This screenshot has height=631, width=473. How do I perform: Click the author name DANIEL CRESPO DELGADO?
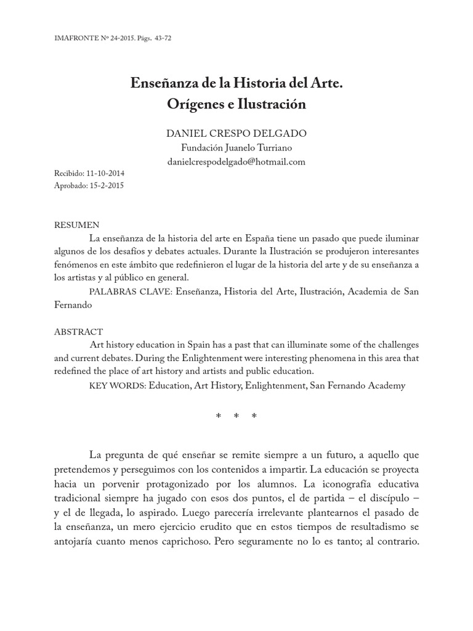click(x=236, y=133)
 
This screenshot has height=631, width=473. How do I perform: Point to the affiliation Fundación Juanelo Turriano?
click(x=236, y=147)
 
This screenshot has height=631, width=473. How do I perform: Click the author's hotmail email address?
click(x=236, y=161)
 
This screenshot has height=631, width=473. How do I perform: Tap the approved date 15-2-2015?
click(x=106, y=185)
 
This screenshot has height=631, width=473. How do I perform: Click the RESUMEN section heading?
click(x=77, y=225)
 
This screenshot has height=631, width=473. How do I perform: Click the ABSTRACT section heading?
click(x=79, y=332)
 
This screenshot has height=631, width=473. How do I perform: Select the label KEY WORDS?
click(x=117, y=386)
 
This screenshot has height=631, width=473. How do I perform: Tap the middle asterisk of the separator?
click(x=236, y=417)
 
